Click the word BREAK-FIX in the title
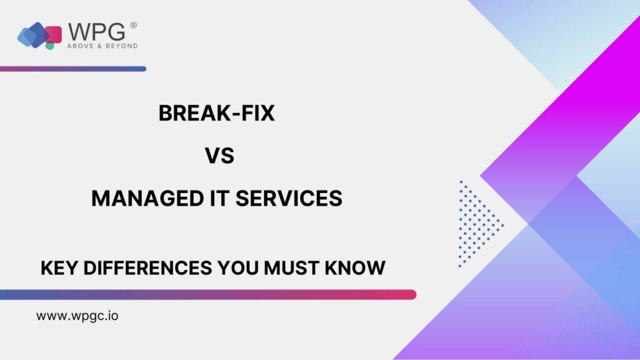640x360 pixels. (x=216, y=113)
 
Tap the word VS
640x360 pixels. (x=219, y=156)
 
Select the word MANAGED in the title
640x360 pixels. (x=147, y=199)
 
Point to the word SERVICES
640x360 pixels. (x=289, y=199)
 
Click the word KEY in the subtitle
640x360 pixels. (x=59, y=268)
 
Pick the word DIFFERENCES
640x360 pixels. (x=147, y=268)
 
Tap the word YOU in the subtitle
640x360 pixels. (x=237, y=268)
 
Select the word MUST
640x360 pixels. (x=291, y=268)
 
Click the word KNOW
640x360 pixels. (x=355, y=268)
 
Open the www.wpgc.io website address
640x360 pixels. (x=77, y=316)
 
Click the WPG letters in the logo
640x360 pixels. (x=96, y=32)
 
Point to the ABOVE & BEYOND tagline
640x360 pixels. (x=102, y=46)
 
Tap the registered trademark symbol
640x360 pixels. (x=134, y=25)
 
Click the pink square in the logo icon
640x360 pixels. (x=54, y=34)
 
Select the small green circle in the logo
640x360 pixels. (x=50, y=46)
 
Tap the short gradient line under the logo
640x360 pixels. (x=73, y=69)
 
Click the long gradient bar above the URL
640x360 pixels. (x=208, y=295)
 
